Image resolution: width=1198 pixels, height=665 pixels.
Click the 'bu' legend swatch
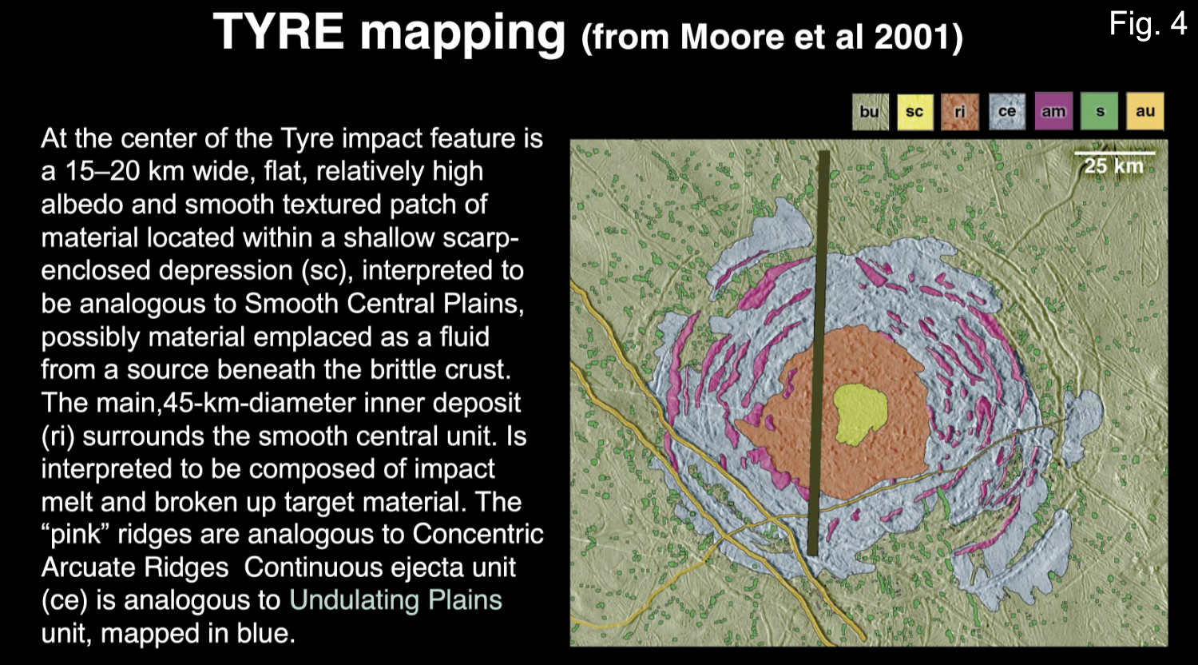pos(871,111)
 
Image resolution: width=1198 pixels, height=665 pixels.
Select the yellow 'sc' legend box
pos(915,111)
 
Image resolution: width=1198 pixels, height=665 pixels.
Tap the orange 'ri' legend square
pos(961,111)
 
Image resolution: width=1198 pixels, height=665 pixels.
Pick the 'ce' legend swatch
pos(1007,111)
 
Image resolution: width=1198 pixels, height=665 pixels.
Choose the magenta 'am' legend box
pos(1053,111)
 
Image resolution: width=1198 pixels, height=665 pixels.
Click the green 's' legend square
pos(1099,111)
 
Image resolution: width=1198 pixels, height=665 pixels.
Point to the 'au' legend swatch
pos(1145,111)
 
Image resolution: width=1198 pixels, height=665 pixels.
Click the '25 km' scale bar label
pos(1113,166)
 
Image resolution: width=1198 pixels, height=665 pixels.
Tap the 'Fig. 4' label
pos(1148,23)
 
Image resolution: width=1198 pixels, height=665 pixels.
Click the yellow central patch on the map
pos(861,414)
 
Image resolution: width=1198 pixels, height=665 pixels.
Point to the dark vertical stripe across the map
pos(819,353)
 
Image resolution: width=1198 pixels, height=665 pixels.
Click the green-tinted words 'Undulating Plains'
pos(396,599)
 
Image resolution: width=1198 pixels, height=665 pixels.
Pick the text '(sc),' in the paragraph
pos(326,270)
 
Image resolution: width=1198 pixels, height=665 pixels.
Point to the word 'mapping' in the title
pos(462,34)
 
